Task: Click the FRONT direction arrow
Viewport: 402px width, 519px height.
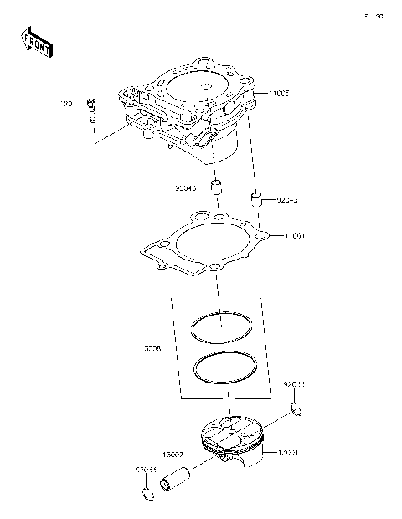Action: [34, 41]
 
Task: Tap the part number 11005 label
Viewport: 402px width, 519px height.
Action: [280, 95]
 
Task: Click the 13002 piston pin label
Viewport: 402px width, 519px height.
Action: [173, 455]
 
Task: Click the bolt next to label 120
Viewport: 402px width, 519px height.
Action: [92, 108]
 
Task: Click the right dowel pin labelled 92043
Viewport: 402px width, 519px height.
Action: [256, 199]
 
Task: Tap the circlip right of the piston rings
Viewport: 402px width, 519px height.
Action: [296, 409]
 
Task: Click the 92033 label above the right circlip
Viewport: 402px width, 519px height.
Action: [294, 383]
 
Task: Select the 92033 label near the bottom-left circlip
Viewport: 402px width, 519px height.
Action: [146, 471]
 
